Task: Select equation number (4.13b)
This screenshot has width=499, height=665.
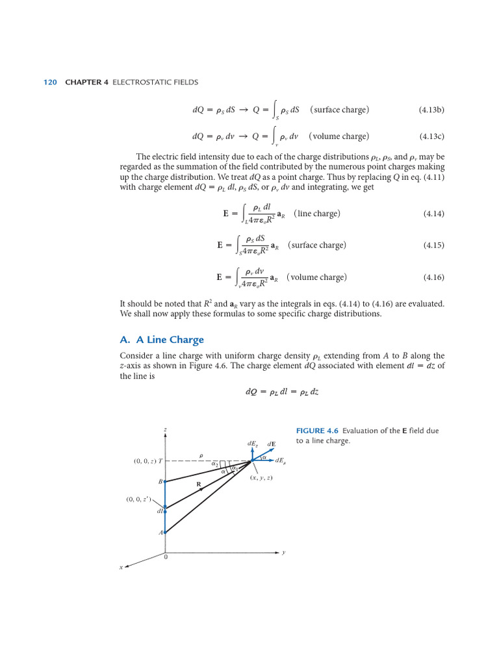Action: click(x=431, y=110)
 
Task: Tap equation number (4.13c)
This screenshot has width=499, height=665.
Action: click(x=431, y=137)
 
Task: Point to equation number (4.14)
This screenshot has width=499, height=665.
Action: click(x=433, y=214)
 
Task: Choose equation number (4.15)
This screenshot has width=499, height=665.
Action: click(x=433, y=245)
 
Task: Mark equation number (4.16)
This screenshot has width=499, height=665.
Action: click(x=433, y=277)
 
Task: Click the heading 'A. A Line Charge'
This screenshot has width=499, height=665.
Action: click(x=162, y=340)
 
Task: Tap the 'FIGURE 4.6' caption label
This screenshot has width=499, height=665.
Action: click(x=318, y=431)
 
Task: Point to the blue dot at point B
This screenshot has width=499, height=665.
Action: click(x=165, y=481)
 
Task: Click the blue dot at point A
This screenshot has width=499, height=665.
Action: click(x=165, y=533)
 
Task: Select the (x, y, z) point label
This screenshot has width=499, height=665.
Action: click(x=261, y=478)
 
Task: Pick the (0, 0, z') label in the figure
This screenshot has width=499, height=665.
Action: click(x=138, y=499)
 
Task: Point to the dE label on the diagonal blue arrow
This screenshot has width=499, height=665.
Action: click(x=272, y=444)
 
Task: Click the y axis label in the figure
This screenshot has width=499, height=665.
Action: click(x=283, y=553)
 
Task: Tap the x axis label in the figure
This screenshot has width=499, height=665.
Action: click(x=120, y=568)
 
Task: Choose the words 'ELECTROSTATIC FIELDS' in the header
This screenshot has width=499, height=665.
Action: click(x=155, y=82)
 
